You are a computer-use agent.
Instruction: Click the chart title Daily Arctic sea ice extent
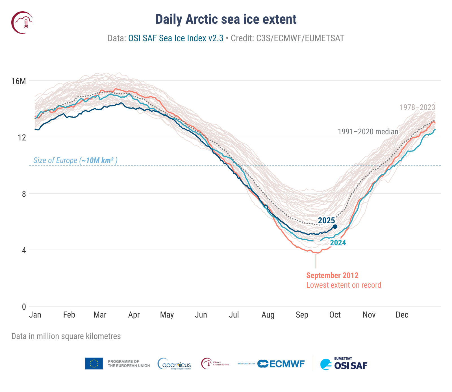[226, 19]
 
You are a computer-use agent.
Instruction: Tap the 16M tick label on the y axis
[19, 81]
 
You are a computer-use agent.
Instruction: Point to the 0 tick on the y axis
[24, 307]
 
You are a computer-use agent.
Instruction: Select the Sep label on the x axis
[302, 315]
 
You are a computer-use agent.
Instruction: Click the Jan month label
[35, 315]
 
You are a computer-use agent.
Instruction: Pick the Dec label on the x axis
[402, 315]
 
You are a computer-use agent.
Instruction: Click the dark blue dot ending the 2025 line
[335, 226]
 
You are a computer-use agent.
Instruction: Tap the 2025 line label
[326, 221]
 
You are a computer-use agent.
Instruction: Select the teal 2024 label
[338, 243]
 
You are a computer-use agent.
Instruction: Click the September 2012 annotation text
[332, 276]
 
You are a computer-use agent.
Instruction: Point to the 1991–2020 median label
[368, 132]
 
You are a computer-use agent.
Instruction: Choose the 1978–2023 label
[417, 107]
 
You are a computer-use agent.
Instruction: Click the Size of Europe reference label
[75, 160]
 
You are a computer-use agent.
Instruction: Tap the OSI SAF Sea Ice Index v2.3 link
[176, 38]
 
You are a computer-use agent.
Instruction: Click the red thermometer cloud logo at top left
[22, 23]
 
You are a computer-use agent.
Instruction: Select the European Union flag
[94, 364]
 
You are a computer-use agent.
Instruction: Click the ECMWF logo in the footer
[281, 364]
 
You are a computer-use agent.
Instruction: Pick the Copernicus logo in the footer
[174, 364]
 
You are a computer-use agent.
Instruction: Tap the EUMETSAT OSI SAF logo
[344, 364]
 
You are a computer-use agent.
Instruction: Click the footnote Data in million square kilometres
[66, 336]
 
